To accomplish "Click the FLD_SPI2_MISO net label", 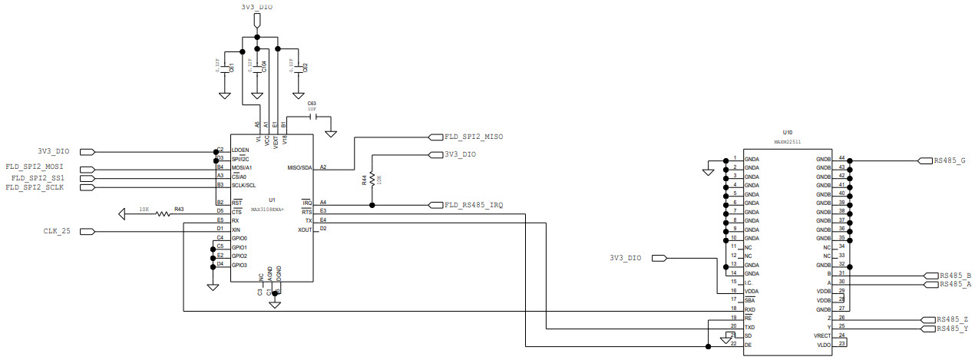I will (474, 137).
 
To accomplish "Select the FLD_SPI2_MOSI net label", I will (35, 167).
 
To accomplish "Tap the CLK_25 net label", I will (57, 231).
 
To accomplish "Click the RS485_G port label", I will (950, 160).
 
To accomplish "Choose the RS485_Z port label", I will (953, 319).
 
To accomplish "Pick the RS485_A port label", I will (955, 284).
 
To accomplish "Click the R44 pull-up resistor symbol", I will (372, 180).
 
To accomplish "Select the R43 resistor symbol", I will (163, 213).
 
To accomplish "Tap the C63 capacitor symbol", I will (312, 117).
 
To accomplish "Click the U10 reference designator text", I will (787, 132).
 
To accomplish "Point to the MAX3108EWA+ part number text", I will (269, 209).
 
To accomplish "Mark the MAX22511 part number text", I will (787, 142).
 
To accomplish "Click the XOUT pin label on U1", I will (305, 230).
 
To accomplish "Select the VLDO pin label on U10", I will (824, 344).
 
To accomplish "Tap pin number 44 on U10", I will (841, 158).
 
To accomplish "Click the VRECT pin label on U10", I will (821, 335).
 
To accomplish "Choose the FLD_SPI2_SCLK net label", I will (35, 187).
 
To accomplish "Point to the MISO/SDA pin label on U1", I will (299, 167).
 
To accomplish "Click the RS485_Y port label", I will (953, 329).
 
